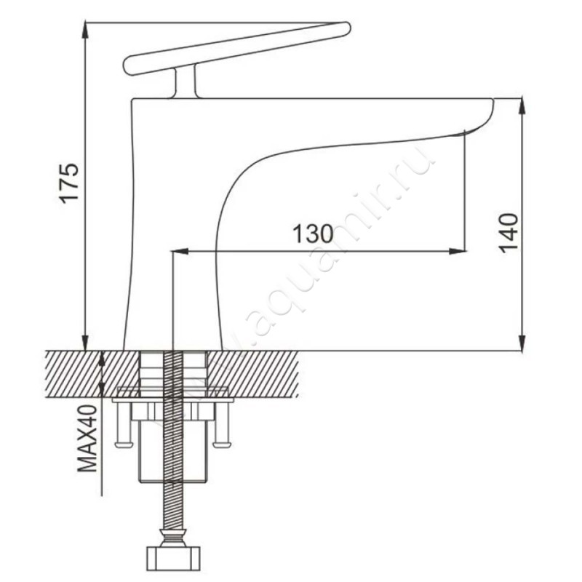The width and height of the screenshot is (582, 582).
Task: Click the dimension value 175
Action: pyautogui.click(x=69, y=183)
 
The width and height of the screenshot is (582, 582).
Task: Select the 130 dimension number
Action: pyautogui.click(x=312, y=234)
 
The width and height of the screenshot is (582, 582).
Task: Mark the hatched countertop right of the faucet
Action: pyautogui.click(x=262, y=371)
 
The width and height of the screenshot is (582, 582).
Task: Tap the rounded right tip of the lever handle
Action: pyautogui.click(x=346, y=29)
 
